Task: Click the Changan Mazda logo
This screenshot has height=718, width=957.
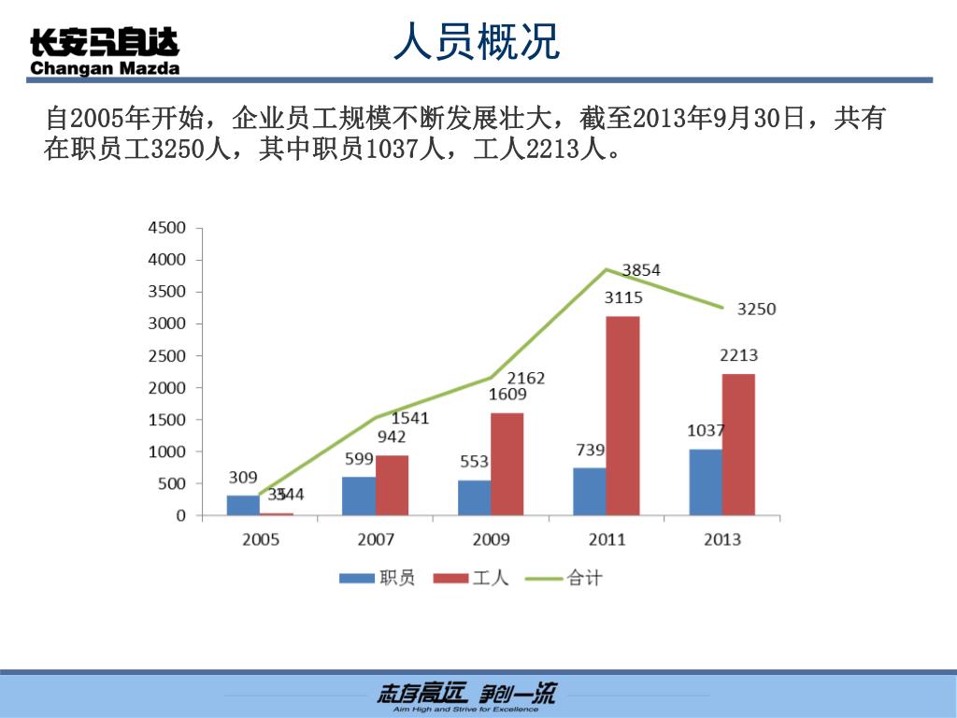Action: pyautogui.click(x=105, y=51)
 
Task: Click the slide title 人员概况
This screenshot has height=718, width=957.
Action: pyautogui.click(x=477, y=42)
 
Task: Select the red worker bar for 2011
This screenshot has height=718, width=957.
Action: pyautogui.click(x=622, y=415)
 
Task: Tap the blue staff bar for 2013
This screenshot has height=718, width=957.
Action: pyautogui.click(x=706, y=481)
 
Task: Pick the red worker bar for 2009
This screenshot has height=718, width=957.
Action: pyautogui.click(x=507, y=464)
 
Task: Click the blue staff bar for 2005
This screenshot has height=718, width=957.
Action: pyautogui.click(x=243, y=505)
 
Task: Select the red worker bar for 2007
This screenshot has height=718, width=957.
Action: pyautogui.click(x=392, y=484)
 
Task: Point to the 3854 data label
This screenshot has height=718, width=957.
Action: pyautogui.click(x=641, y=270)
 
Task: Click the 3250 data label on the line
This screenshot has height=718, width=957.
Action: pyautogui.click(x=756, y=309)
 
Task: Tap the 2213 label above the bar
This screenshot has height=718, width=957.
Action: pyautogui.click(x=738, y=355)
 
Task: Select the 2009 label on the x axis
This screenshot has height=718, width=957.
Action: pyautogui.click(x=492, y=539)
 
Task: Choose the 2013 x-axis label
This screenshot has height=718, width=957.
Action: pyautogui.click(x=722, y=539)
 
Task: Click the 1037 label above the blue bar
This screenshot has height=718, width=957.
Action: pyautogui.click(x=706, y=431)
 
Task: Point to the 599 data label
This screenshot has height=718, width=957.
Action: pyautogui.click(x=359, y=459)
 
